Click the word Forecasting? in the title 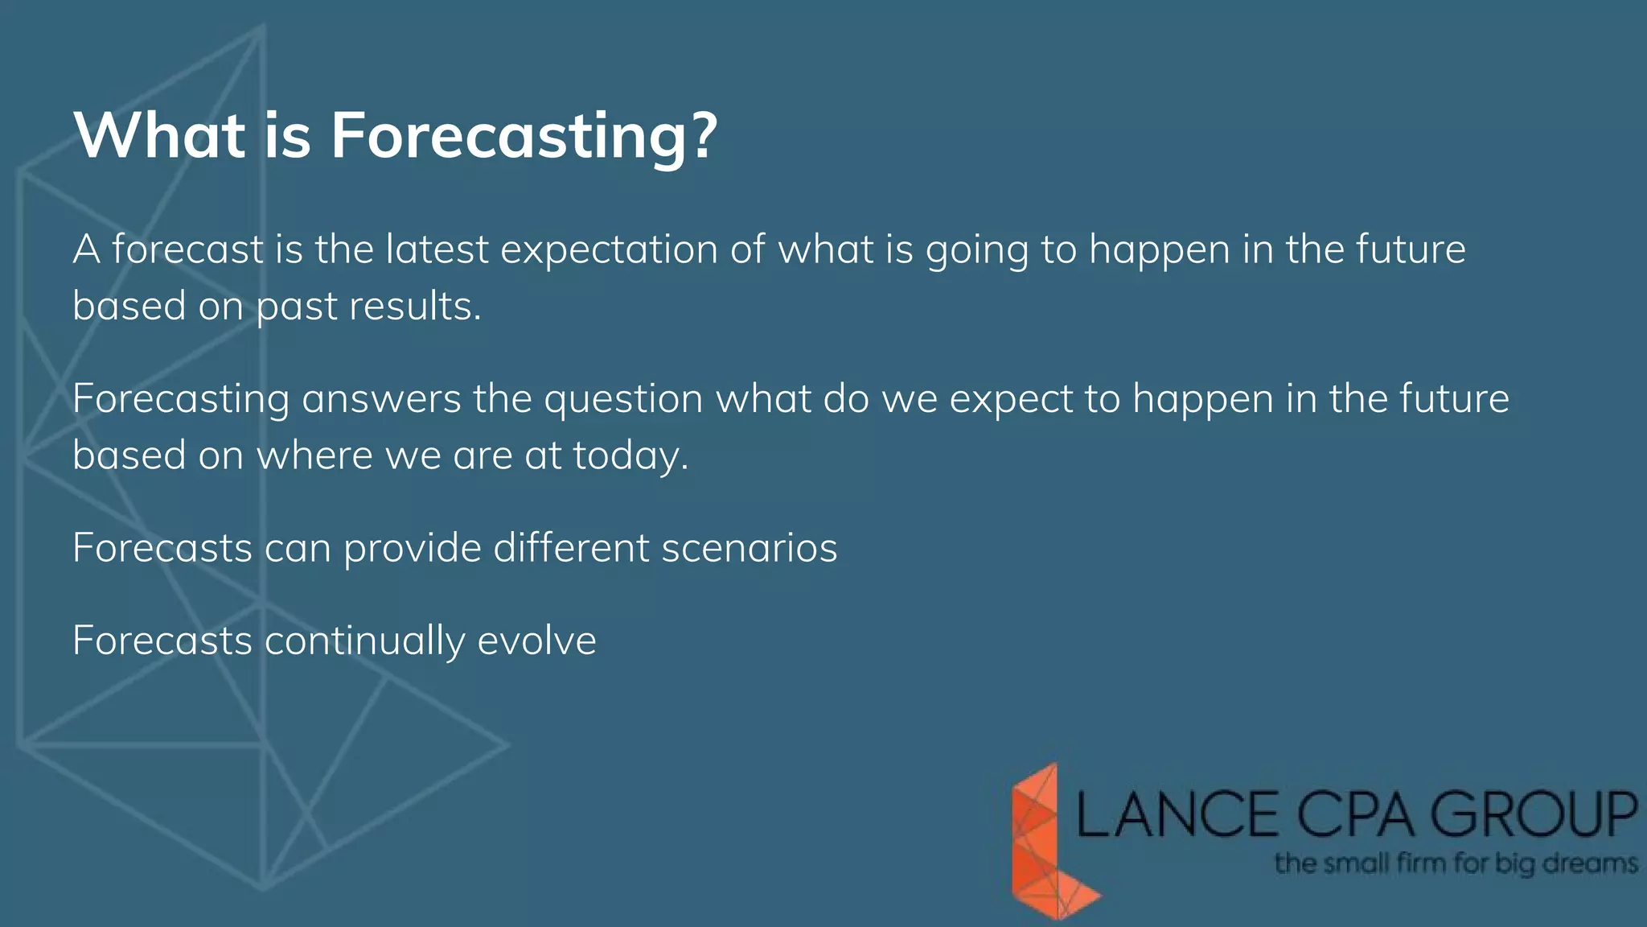[x=524, y=137]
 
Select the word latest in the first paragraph [x=437, y=249]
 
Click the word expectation [x=609, y=249]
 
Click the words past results [x=368, y=307]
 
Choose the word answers [x=381, y=399]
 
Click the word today [x=630, y=456]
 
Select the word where [x=314, y=455]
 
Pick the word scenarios [x=749, y=548]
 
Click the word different [x=571, y=548]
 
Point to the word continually [x=364, y=641]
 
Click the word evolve [x=536, y=641]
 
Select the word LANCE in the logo [x=1177, y=814]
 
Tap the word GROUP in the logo [x=1533, y=814]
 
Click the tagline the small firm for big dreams [x=1456, y=864]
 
